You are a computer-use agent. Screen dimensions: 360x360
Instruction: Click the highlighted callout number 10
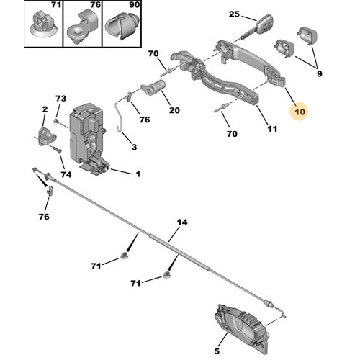300,112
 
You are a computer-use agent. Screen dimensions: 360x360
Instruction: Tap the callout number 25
234,14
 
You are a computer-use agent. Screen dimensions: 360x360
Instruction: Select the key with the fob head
258,26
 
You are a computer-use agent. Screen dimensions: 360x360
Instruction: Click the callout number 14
182,222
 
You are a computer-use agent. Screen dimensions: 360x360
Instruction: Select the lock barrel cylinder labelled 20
153,88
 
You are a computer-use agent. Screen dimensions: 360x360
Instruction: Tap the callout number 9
319,73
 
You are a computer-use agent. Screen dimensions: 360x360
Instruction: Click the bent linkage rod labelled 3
120,113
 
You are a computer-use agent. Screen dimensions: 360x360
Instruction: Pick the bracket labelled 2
46,136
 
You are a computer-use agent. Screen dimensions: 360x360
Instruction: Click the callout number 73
60,99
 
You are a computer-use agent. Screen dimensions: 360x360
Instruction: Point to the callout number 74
66,174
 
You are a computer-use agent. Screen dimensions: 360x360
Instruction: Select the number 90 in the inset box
135,4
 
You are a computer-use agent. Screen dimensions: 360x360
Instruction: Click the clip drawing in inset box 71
44,26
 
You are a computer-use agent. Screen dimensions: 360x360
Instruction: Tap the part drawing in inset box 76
83,27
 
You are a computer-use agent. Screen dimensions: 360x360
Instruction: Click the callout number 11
272,129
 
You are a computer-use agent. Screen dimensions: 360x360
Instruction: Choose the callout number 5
217,351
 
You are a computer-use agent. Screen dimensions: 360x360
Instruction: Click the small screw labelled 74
58,150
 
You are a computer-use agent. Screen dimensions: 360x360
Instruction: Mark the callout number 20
174,110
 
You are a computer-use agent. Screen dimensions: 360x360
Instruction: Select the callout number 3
134,147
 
